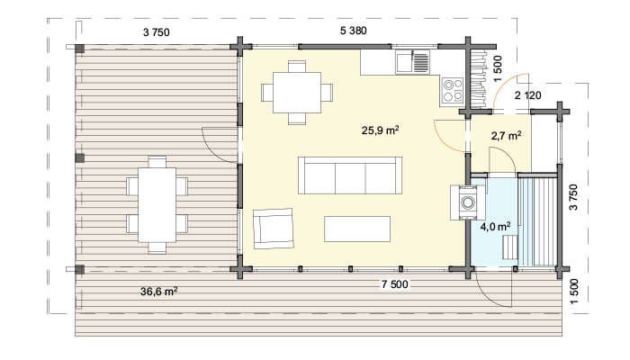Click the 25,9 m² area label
click(x=380, y=130)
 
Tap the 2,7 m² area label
click(x=506, y=136)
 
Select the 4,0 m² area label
click(x=495, y=227)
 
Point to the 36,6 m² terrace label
click(x=158, y=292)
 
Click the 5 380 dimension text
click(x=353, y=31)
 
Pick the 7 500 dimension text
click(x=394, y=284)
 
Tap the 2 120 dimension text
click(x=527, y=95)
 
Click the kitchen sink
click(x=412, y=62)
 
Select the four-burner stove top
click(x=453, y=90)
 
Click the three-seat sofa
click(x=350, y=175)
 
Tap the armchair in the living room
click(x=274, y=229)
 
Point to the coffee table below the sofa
click(x=357, y=229)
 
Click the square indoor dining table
click(x=297, y=93)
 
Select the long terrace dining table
click(x=157, y=205)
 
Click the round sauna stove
click(x=468, y=202)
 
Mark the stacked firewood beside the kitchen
click(x=479, y=79)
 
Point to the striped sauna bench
click(x=538, y=221)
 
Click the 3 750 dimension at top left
click(x=157, y=32)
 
